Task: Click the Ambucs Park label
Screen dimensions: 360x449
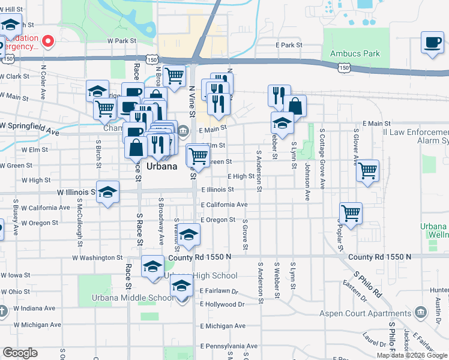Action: (x=355, y=53)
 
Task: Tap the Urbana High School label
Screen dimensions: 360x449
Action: (x=200, y=276)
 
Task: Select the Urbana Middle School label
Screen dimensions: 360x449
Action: (x=133, y=298)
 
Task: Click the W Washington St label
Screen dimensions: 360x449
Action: (x=97, y=257)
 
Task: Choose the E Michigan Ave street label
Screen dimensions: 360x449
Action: (x=223, y=326)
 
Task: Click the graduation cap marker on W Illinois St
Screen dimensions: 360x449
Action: (x=107, y=192)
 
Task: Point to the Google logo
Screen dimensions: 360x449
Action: (x=20, y=353)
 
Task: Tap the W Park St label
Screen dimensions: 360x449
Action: (x=122, y=41)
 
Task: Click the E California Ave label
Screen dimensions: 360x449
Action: (x=224, y=205)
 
